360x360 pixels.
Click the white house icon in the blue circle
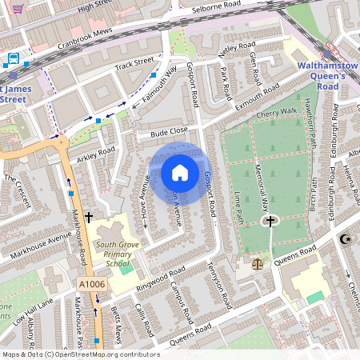click(x=180, y=172)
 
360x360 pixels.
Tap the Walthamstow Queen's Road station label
click(x=321, y=75)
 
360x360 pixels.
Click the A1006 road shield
click(x=91, y=284)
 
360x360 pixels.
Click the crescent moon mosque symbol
click(x=346, y=239)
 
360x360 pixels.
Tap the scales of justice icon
click(x=257, y=262)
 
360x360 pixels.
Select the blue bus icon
click(x=14, y=59)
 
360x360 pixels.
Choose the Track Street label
click(x=133, y=64)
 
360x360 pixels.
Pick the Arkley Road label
click(x=96, y=152)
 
